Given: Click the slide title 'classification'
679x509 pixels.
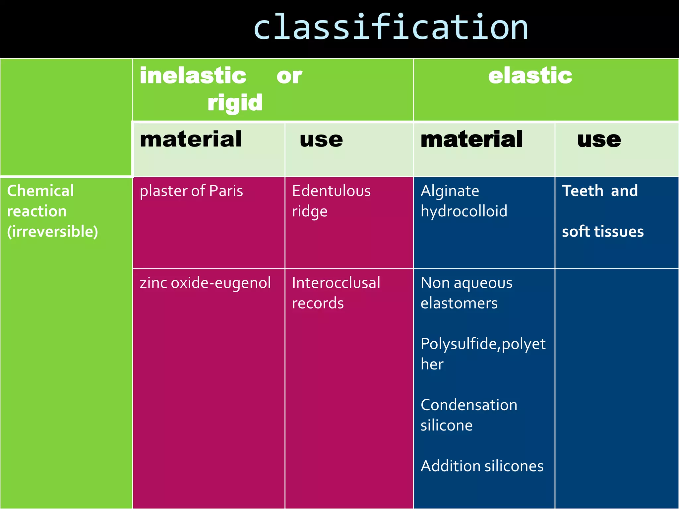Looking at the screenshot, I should pos(391,28).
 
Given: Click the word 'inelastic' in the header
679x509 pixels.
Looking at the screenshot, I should pos(193,76).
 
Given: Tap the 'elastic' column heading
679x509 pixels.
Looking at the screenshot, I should pos(530,76).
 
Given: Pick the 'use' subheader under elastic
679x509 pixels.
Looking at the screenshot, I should pos(599,140).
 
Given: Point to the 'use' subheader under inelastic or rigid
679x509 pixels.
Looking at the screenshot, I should pos(321,140).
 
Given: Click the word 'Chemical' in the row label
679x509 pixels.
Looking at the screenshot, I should pos(40,191).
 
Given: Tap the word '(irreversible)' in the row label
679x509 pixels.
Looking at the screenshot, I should pos(52,231).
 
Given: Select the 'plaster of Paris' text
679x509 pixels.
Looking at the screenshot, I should pos(191,191).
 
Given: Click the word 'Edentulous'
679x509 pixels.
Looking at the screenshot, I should pos(331,191).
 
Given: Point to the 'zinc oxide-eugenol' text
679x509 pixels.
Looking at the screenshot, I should pos(205,283).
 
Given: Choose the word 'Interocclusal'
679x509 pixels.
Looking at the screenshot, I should pos(336,283).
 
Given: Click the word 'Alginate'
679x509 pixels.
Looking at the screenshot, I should pos(450,191).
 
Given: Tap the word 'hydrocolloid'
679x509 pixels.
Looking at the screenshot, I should pos(464,211).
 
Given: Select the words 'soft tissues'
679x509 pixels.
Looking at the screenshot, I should pos(603,232).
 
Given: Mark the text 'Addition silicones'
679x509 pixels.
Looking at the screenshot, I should pos(482,466).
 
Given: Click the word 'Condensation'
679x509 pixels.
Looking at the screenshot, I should pos(469,405).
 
